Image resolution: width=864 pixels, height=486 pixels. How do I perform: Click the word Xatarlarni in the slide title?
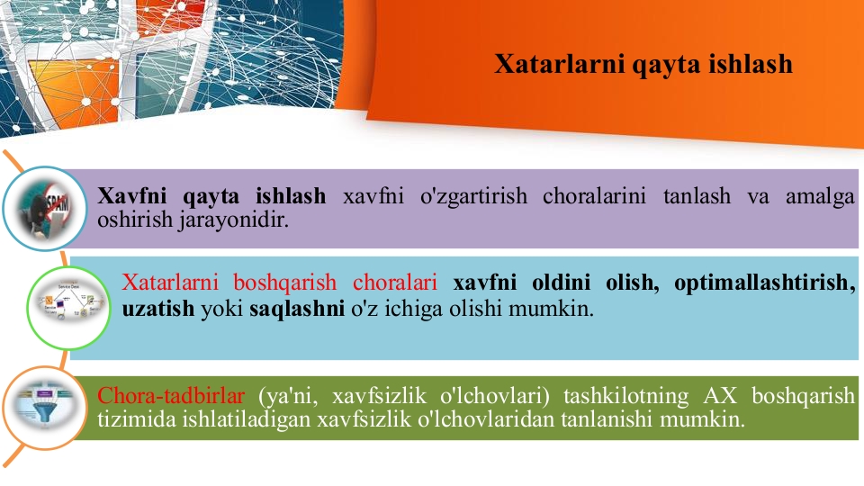[559, 63]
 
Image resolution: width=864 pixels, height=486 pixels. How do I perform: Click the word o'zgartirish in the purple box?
[473, 196]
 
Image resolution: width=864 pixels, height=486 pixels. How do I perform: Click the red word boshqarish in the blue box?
[285, 283]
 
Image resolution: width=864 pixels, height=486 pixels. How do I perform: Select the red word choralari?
[395, 283]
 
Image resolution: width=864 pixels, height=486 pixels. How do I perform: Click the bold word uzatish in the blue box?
[158, 309]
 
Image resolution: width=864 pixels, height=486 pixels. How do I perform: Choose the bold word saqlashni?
[297, 309]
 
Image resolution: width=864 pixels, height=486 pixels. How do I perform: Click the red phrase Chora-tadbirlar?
[171, 396]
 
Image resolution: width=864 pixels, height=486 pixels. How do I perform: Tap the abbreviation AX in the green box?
[720, 396]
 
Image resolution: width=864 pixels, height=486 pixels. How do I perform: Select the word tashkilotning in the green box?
[626, 396]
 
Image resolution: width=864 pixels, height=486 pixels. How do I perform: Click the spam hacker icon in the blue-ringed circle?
[45, 209]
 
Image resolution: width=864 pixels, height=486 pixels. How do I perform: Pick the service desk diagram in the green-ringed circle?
[69, 308]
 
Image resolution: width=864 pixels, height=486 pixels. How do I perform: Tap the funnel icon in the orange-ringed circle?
[45, 407]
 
